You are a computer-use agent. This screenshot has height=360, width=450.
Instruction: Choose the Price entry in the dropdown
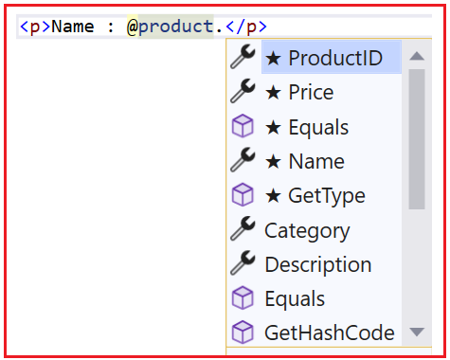tap(298, 93)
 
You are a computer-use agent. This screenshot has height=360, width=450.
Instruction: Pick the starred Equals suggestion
tap(306, 127)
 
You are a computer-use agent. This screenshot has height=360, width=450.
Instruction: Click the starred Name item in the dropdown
tap(304, 162)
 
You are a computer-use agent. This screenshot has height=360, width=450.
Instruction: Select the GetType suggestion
tap(315, 196)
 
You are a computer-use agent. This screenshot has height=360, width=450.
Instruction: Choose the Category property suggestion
tap(307, 230)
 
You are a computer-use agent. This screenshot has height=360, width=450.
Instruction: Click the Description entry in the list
tap(317, 264)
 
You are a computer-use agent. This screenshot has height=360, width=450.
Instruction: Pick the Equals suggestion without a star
tap(295, 298)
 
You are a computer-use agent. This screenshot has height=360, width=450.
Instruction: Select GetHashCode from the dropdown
tap(329, 333)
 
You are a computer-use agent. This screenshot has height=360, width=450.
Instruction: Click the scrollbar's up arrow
tap(416, 57)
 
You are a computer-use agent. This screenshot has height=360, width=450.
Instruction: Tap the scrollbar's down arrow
tap(416, 333)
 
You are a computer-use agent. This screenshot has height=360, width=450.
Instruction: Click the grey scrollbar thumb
tap(416, 137)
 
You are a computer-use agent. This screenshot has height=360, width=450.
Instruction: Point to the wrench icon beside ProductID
tap(243, 58)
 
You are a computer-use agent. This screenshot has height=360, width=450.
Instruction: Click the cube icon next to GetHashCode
tap(243, 333)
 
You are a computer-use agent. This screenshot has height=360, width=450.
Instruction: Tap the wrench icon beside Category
tap(243, 230)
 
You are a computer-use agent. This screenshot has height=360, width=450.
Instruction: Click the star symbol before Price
tap(273, 93)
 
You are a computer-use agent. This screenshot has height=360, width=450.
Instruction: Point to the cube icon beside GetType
tap(243, 196)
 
